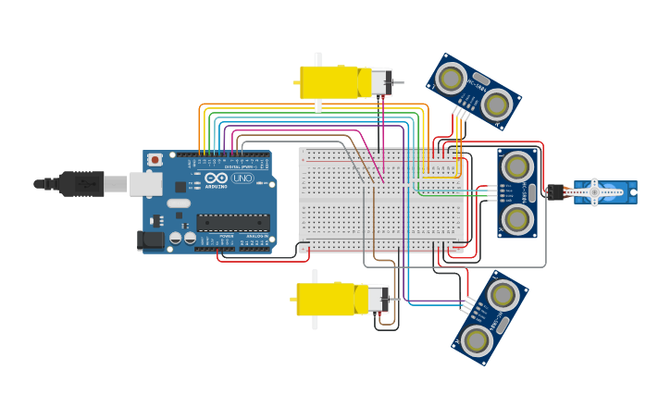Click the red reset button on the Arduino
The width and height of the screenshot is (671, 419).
[x=155, y=160]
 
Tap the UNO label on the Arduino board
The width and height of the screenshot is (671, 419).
[x=242, y=178]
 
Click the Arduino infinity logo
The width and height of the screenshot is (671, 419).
[x=217, y=178]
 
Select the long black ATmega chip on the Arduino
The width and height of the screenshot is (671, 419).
[x=232, y=223]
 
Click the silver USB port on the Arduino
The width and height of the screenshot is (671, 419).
[x=145, y=184]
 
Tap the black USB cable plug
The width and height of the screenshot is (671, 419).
[x=83, y=184]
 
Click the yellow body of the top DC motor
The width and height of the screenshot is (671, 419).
[x=329, y=82]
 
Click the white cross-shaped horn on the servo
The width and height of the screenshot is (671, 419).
[x=595, y=192]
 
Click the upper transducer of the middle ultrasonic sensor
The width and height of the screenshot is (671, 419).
[x=517, y=167]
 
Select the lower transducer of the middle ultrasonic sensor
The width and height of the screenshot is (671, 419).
[x=517, y=219]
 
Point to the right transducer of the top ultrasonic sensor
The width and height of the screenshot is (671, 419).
[x=497, y=105]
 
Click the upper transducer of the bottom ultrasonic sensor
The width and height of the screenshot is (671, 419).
[x=503, y=295]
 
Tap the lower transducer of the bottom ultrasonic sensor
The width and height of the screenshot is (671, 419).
[x=477, y=340]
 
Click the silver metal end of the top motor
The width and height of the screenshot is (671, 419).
[x=380, y=82]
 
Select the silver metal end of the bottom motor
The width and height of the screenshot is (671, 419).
[x=377, y=299]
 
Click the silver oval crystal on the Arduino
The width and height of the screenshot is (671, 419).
[x=179, y=203]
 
